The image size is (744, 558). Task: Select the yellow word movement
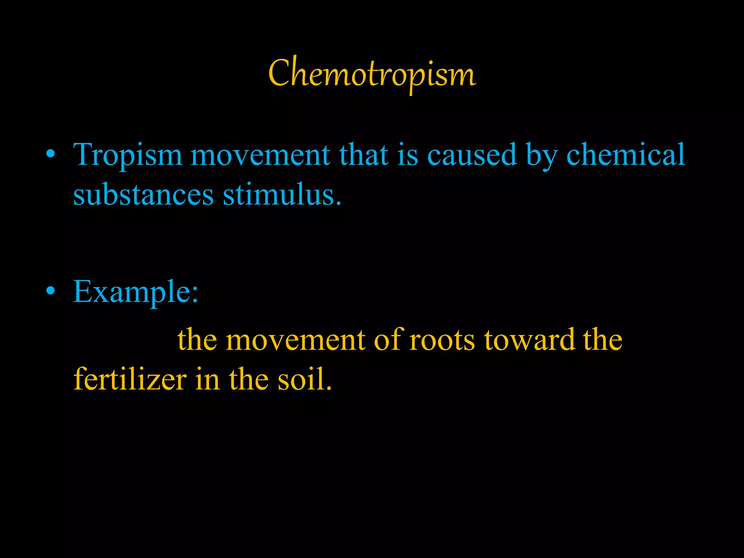[x=295, y=340]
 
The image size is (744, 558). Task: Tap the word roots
[x=442, y=340]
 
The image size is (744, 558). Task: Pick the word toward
[x=530, y=340]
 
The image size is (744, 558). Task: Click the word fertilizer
[x=130, y=380]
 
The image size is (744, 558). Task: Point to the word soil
[x=304, y=380]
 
